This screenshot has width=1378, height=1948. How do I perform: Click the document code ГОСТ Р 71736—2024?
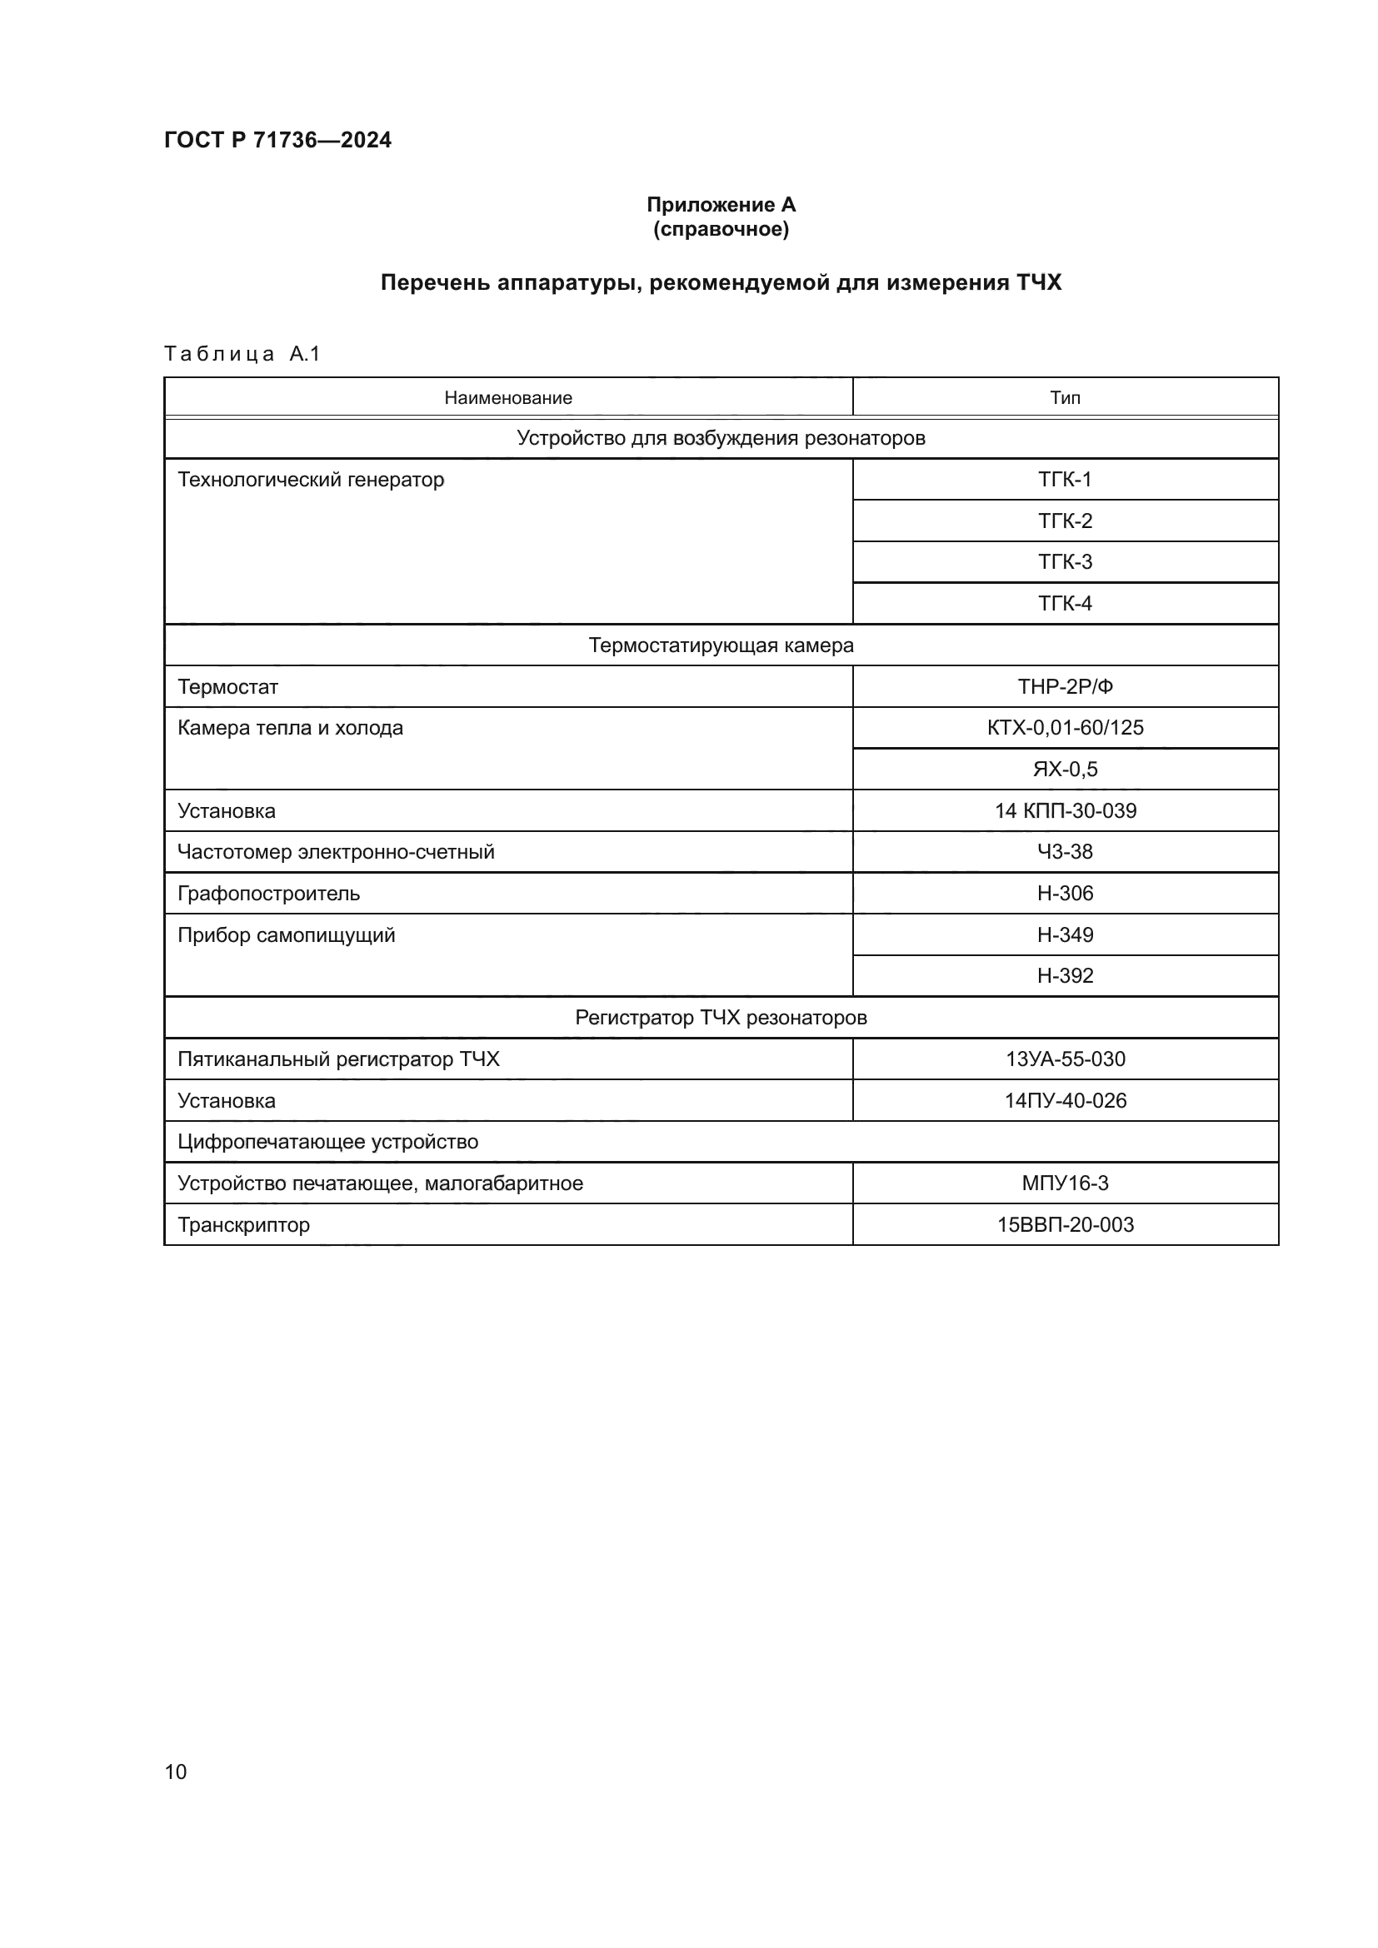pos(277,140)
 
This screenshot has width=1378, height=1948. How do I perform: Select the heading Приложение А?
pos(721,205)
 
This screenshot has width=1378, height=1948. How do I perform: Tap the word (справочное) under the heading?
pos(721,229)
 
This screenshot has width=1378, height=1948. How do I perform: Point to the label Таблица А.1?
pos(242,354)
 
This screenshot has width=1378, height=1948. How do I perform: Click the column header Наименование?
pos(507,398)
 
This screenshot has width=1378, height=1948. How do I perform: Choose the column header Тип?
pos(1065,398)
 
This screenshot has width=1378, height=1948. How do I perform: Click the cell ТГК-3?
pos(1065,561)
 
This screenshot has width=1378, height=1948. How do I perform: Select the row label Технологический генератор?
pos(311,480)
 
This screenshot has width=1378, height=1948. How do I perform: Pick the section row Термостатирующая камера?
pos(721,645)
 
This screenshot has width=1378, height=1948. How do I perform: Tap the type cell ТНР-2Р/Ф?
pos(1065,687)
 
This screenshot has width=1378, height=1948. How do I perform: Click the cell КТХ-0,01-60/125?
pos(1065,728)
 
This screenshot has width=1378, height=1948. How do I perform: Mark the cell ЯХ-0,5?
pos(1065,770)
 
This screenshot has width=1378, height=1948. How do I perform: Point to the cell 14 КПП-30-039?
pos(1065,811)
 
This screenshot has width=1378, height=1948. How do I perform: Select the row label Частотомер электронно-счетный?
pos(335,852)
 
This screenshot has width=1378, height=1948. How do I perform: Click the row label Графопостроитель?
pos(268,894)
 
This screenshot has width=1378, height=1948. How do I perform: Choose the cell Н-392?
pos(1065,976)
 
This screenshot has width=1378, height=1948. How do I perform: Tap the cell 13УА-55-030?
pos(1065,1059)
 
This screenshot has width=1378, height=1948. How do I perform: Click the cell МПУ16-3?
pos(1065,1183)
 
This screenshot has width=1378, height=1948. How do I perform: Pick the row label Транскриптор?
pos(243,1224)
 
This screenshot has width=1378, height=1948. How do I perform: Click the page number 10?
pos(176,1771)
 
